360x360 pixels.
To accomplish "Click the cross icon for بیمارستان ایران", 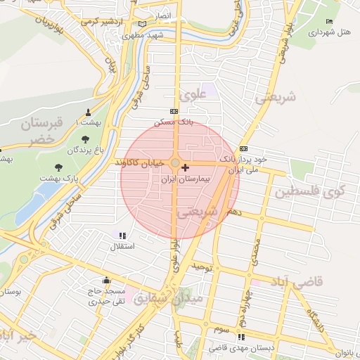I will click(185, 167).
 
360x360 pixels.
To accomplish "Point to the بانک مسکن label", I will click(176, 122).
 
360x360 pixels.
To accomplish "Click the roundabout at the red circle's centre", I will click(174, 163).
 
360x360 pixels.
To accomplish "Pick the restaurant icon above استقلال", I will click(122, 236).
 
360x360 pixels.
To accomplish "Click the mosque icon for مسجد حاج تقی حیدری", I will click(106, 280).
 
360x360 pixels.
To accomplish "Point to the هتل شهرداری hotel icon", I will click(330, 22).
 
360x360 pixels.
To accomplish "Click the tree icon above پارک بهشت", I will click(58, 167).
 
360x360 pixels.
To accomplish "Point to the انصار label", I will click(162, 14).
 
